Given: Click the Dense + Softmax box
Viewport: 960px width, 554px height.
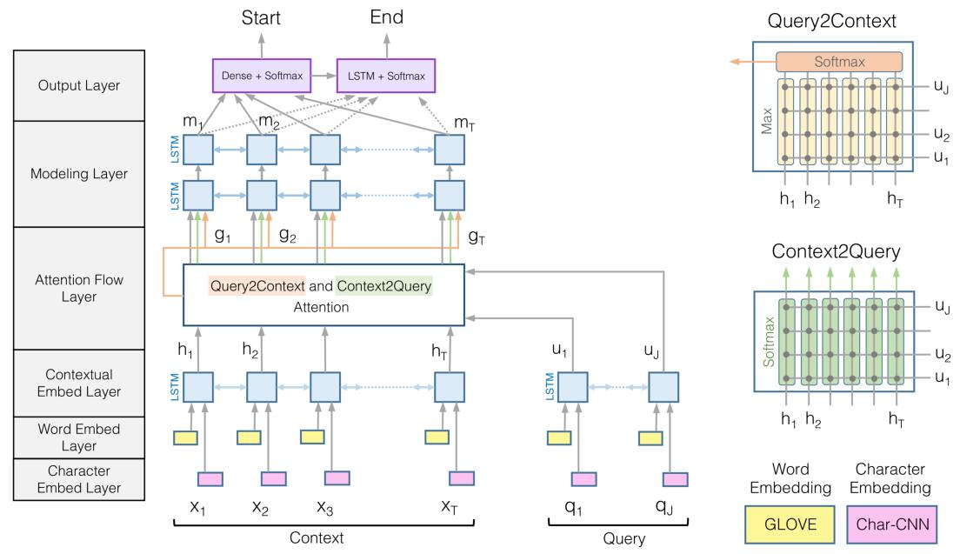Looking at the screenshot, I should (263, 76).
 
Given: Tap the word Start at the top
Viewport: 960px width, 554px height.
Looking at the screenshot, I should (262, 17).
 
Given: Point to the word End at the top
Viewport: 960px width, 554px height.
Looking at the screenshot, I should (386, 17).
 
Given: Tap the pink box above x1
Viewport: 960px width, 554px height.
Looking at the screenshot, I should (210, 477).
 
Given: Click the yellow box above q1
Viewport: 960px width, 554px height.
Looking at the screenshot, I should (561, 434).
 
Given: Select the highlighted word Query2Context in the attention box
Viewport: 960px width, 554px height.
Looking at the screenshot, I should (257, 286).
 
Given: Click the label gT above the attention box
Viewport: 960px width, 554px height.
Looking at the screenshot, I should (476, 236).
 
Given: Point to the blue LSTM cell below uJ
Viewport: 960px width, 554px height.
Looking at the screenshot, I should (661, 386).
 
